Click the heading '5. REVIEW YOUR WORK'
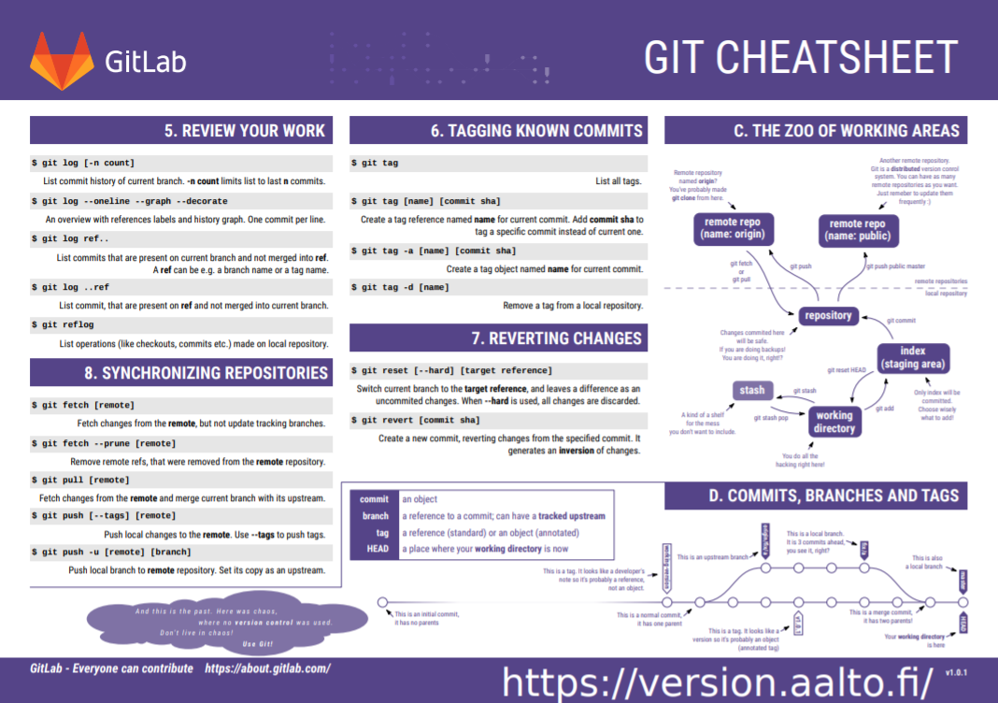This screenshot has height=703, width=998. click(x=245, y=131)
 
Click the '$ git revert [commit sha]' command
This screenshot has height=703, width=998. click(x=415, y=421)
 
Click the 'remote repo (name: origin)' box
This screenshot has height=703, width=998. click(x=734, y=229)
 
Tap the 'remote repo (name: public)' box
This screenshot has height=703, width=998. click(x=858, y=229)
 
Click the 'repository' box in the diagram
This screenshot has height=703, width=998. click(x=828, y=316)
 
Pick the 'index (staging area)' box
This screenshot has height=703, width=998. click(x=913, y=357)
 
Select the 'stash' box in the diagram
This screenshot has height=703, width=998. click(x=752, y=390)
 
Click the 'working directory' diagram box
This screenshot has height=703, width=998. click(x=834, y=422)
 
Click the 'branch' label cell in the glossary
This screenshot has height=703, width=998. click(x=376, y=515)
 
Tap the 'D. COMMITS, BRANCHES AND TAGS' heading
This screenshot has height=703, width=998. click(x=834, y=495)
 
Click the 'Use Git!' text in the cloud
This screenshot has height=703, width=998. click(x=258, y=644)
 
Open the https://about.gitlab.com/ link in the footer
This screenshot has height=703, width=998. click(x=267, y=668)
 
